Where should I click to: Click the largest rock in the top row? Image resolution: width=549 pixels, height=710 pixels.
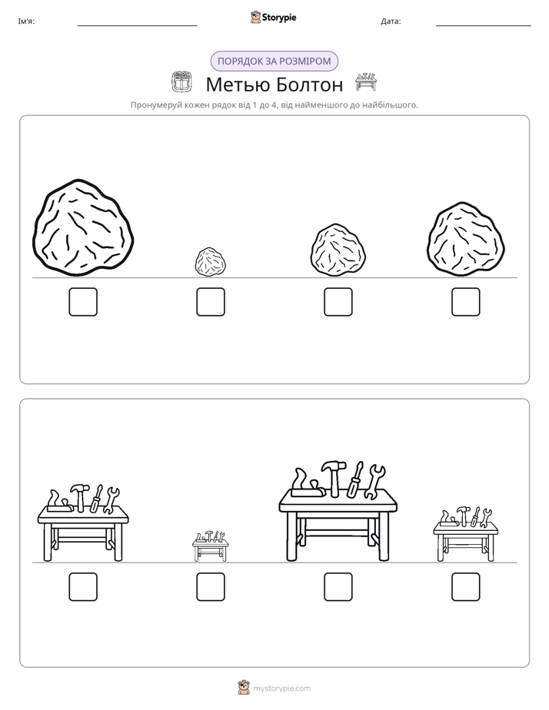(x=83, y=227)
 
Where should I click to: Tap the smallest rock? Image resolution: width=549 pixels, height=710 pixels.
(x=211, y=262)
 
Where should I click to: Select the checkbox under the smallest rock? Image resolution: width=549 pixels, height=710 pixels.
(x=211, y=301)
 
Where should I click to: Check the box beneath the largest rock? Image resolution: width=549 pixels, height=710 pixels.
(x=83, y=301)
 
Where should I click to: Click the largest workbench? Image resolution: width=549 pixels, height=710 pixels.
(x=338, y=512)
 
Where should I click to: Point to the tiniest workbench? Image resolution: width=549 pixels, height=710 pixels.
(x=210, y=546)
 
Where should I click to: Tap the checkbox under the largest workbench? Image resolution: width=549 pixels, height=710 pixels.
(x=338, y=587)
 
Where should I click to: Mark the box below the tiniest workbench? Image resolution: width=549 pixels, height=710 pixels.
(x=211, y=587)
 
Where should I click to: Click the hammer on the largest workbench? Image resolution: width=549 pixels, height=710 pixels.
(x=334, y=479)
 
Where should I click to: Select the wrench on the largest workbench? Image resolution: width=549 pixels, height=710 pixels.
(x=374, y=483)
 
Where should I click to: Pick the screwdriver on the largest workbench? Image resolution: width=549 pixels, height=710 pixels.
(x=355, y=480)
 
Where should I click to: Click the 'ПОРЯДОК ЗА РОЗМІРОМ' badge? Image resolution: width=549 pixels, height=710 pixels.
(x=274, y=61)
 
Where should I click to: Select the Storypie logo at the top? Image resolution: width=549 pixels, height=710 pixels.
(x=274, y=17)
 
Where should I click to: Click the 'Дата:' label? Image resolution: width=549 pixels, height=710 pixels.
(x=391, y=22)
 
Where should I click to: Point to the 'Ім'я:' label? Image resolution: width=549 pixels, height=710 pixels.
(x=26, y=22)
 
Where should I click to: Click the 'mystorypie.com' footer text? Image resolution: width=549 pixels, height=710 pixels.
(x=281, y=688)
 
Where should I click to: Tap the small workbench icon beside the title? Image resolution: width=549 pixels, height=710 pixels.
(x=365, y=81)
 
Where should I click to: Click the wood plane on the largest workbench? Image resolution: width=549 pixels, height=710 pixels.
(x=307, y=485)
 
